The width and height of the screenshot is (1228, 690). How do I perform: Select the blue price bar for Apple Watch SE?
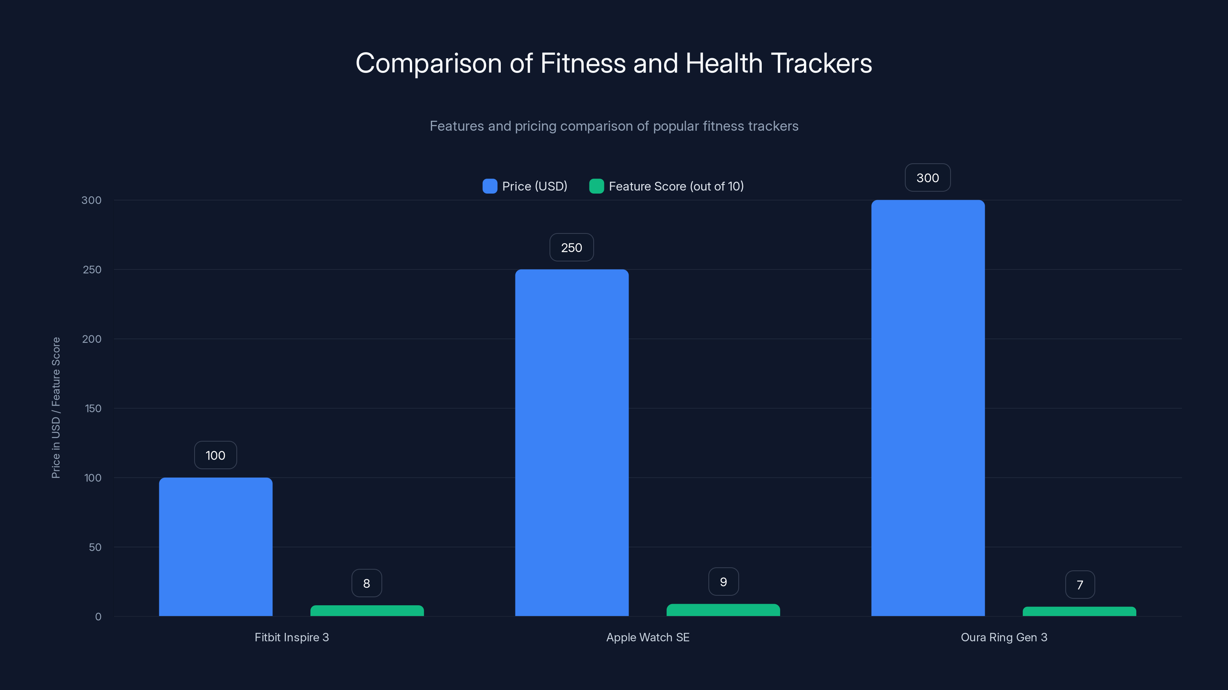tap(571, 443)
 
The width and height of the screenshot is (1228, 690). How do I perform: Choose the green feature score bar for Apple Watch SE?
tap(723, 610)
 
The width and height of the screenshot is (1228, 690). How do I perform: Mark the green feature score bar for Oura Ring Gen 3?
tap(1079, 611)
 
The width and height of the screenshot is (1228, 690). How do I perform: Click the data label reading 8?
tap(366, 583)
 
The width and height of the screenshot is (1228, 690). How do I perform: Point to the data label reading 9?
tap(723, 582)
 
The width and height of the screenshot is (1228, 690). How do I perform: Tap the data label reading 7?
tap(1080, 585)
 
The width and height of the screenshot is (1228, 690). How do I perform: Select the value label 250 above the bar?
tap(571, 248)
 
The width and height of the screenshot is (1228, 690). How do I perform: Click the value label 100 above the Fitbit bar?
tap(215, 455)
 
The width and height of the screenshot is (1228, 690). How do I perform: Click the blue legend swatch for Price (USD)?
tap(490, 186)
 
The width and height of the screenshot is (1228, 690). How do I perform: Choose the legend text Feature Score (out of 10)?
tap(676, 186)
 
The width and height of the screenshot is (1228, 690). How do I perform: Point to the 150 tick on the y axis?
tap(93, 409)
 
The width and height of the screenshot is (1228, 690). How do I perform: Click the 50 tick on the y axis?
tap(95, 547)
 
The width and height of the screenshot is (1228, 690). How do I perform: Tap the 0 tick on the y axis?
tap(98, 617)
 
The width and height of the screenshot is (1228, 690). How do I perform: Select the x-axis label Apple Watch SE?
tap(648, 637)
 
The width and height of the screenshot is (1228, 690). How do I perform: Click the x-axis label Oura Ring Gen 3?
tap(1004, 637)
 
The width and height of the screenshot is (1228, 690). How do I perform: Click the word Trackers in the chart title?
tap(821, 63)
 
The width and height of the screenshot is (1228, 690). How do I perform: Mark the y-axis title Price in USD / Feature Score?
tap(56, 407)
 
